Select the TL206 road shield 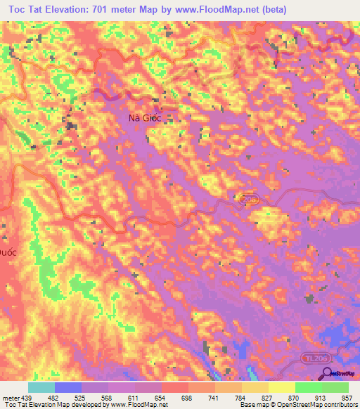(317, 358)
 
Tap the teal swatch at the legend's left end (41, 387)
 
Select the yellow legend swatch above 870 (282, 387)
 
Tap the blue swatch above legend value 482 (68, 387)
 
